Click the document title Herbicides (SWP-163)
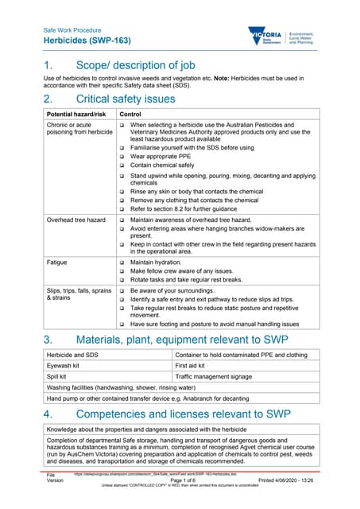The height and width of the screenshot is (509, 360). [x=87, y=41]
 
